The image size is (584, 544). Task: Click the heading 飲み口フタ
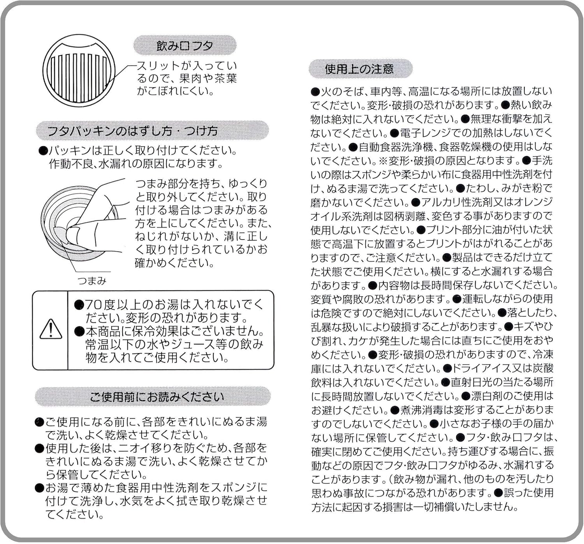(x=185, y=46)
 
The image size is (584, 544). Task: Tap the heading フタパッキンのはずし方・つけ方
(x=132, y=131)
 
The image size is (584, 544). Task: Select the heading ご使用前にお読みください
(x=157, y=397)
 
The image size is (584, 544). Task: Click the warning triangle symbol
(x=51, y=330)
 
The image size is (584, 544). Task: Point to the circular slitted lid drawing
(x=79, y=70)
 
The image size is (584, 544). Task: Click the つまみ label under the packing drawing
(x=92, y=281)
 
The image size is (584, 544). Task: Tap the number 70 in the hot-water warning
(x=93, y=304)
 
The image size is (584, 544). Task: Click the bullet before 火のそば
(x=315, y=92)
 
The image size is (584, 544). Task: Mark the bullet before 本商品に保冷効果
(x=79, y=331)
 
